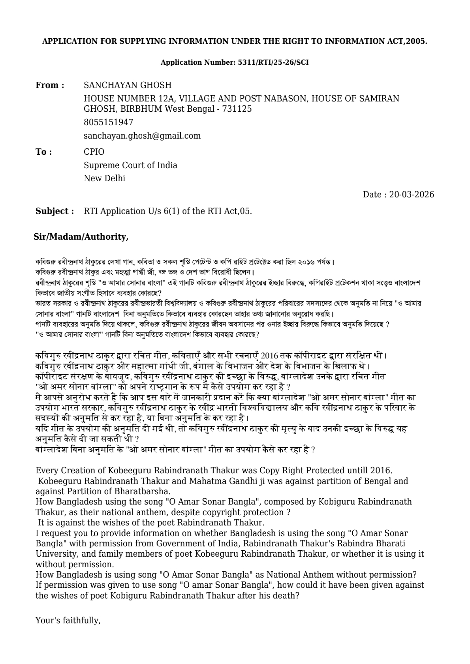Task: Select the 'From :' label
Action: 50,85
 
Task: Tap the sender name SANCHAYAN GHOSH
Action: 128,85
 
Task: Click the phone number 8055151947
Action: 108,122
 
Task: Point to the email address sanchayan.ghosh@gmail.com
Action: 142,136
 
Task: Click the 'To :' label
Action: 43,152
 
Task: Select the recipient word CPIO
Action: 94,152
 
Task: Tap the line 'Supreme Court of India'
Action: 130,165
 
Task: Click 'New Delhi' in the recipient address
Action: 104,178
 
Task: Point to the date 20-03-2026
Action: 412,195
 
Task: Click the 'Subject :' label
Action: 55,211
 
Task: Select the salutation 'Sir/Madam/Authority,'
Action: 81,237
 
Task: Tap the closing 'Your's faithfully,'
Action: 68,621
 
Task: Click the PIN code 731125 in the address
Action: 238,109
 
